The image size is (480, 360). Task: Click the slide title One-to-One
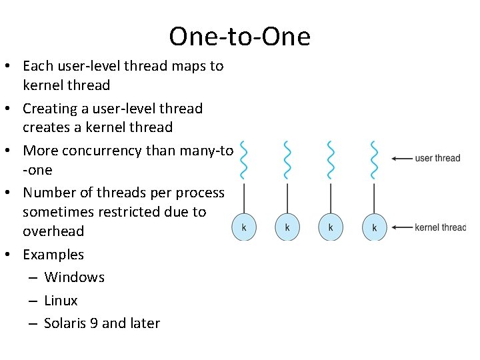(239, 36)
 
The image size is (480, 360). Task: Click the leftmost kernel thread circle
(244, 227)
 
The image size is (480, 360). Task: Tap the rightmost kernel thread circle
(374, 227)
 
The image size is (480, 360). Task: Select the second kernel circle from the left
(287, 227)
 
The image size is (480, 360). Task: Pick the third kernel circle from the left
(331, 227)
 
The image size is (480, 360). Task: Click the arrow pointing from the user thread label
(401, 159)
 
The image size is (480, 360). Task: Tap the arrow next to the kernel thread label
(401, 227)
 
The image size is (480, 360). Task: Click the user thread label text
(437, 159)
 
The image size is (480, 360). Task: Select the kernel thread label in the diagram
(440, 227)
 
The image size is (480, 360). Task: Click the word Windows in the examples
(74, 277)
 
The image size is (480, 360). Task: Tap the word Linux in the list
(61, 301)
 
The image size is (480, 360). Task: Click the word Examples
(53, 255)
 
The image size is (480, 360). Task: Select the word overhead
(53, 231)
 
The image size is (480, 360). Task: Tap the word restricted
(130, 212)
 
